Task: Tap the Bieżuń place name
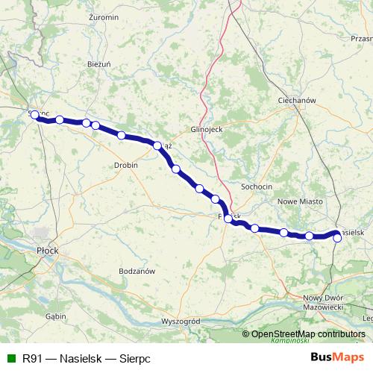tap(99, 64)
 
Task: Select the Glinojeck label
tap(207, 128)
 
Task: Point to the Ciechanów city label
tap(297, 100)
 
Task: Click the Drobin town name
tap(126, 165)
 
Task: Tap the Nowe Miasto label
tap(299, 201)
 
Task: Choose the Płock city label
tap(48, 251)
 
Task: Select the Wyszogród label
tap(181, 321)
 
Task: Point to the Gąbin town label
tap(55, 316)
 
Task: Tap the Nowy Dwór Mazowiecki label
tap(322, 302)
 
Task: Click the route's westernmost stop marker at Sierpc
tap(34, 116)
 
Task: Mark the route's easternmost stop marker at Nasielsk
tap(337, 238)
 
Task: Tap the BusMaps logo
tap(338, 358)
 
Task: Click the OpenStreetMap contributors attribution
tap(308, 334)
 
